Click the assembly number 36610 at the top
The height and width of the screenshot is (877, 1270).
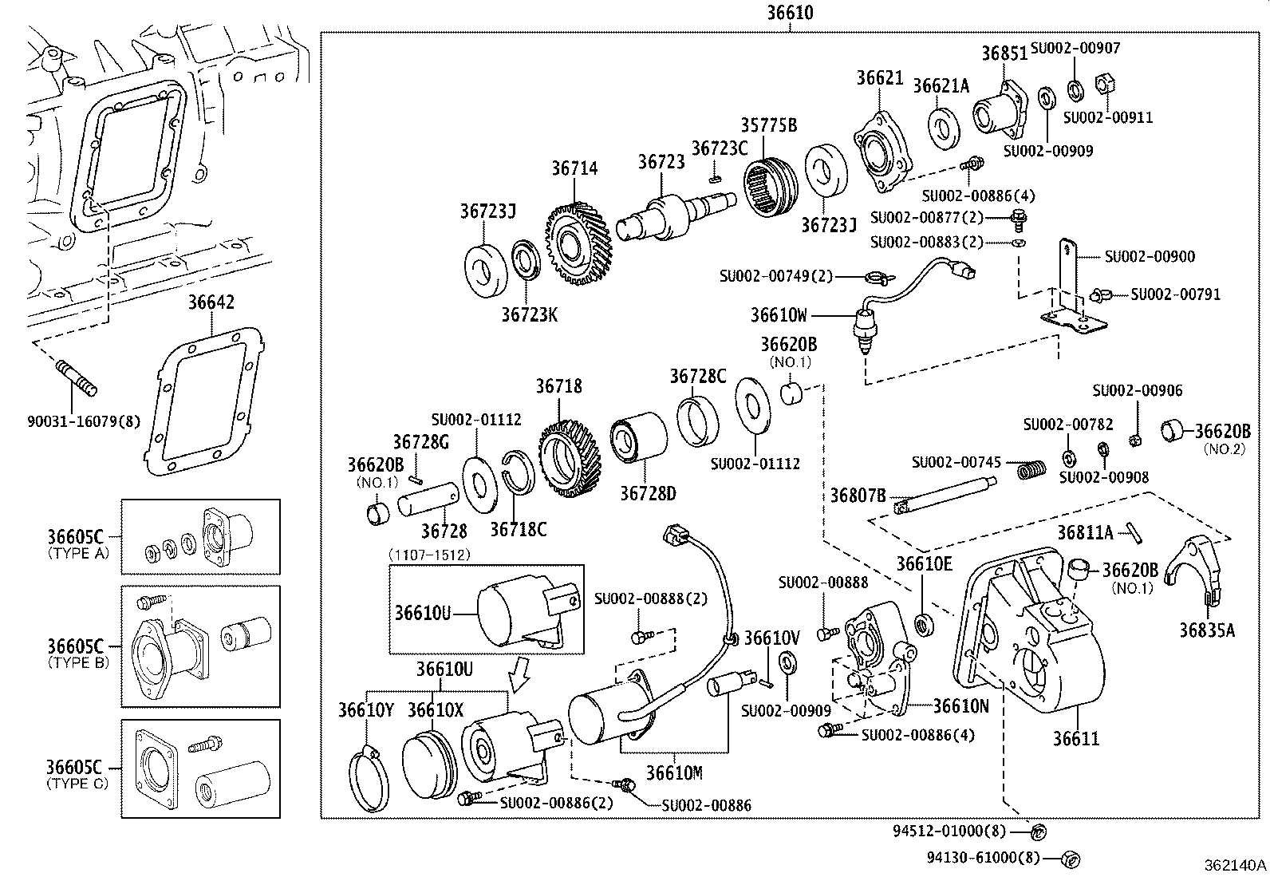coord(791,14)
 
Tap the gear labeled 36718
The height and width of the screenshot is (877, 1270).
coord(570,458)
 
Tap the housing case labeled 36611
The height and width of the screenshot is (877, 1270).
coord(1037,638)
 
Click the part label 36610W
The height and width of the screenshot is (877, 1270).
coord(779,315)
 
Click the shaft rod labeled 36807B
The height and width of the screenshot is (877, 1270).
coord(945,494)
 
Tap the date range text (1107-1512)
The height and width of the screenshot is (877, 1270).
coord(429,554)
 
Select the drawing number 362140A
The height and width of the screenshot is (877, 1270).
coord(1235,864)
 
